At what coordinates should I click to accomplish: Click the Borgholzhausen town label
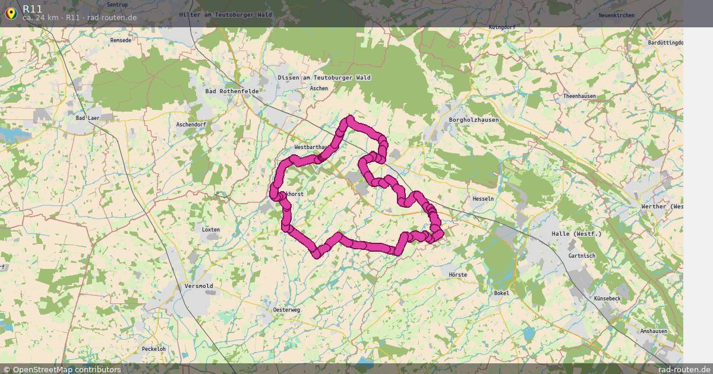coord(474,120)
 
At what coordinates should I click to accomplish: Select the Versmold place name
coord(198,286)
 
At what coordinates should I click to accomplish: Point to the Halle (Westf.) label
coord(576,234)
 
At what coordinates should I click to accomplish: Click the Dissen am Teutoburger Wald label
coord(324,78)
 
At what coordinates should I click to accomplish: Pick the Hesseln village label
coord(482,199)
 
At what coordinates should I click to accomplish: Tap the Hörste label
coord(458,275)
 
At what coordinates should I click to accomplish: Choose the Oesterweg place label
coord(286,310)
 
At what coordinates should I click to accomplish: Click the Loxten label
coord(210,230)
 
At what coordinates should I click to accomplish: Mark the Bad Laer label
coord(87,118)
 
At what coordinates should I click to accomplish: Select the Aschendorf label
coord(191,125)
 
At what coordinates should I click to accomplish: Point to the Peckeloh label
coord(154,349)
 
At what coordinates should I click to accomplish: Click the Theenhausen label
coord(579,96)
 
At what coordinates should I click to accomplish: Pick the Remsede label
coord(121,40)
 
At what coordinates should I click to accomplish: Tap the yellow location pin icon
coord(10,12)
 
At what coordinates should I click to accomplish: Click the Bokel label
coord(501,293)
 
